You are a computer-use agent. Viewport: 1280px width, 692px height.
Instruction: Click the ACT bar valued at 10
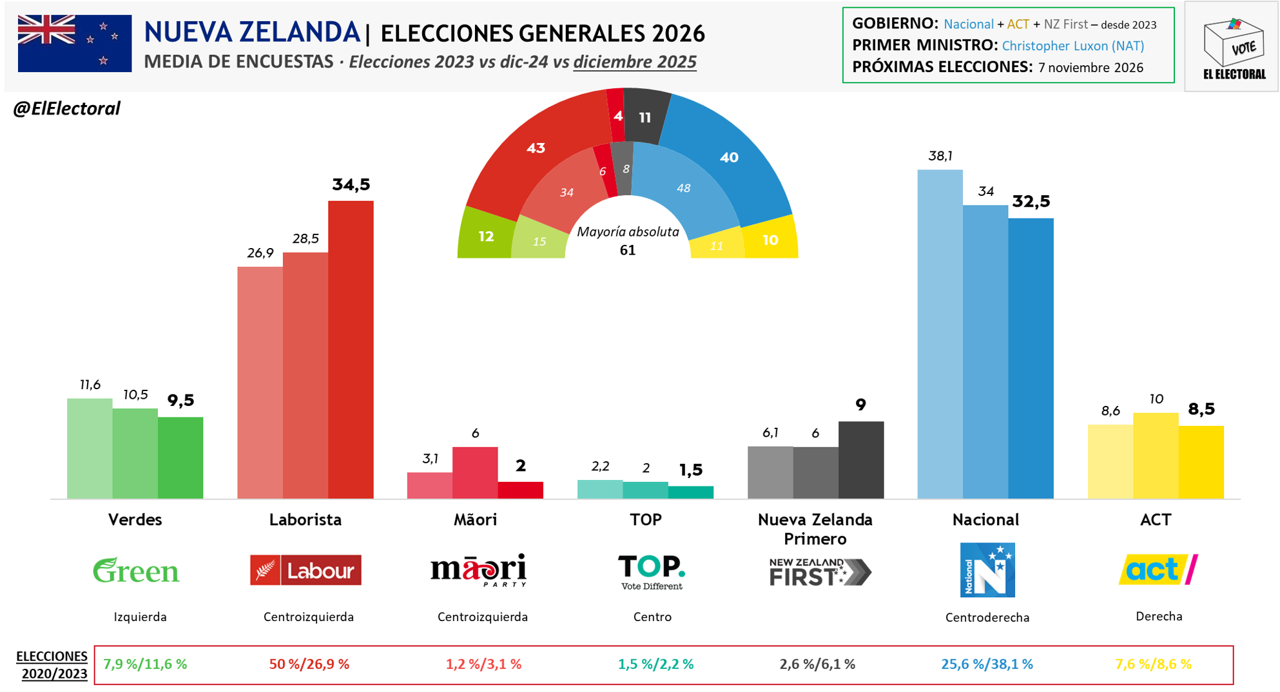pos(1156,456)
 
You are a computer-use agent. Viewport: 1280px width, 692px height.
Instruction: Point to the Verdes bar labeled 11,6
pos(90,448)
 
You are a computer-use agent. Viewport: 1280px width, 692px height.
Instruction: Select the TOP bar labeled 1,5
pos(690,492)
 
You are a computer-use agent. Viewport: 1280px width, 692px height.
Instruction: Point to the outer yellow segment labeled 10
pos(771,240)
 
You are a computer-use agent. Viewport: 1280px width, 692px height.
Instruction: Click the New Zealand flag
pos(75,43)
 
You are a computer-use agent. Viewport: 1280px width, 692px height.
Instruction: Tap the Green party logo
pos(136,570)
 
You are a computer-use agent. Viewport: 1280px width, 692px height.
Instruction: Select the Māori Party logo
pos(478,570)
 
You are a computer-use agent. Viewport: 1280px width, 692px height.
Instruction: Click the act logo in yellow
pos(1158,569)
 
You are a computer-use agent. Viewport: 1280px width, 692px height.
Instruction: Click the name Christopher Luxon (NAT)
pos(1072,46)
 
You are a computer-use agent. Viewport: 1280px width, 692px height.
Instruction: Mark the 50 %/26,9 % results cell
pos(309,664)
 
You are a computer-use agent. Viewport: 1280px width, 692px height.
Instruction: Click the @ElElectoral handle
pos(67,108)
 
